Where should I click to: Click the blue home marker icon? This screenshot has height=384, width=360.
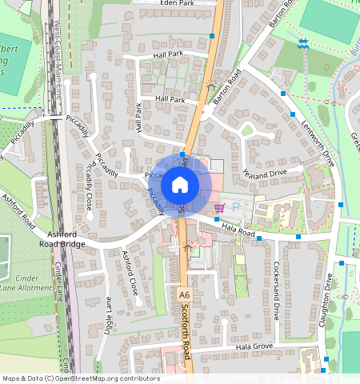[180, 186]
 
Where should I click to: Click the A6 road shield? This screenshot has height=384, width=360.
[185, 294]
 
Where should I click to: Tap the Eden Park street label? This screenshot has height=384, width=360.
[178, 4]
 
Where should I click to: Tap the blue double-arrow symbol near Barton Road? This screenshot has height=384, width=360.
[302, 43]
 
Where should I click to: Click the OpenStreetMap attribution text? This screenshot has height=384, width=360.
[80, 378]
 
